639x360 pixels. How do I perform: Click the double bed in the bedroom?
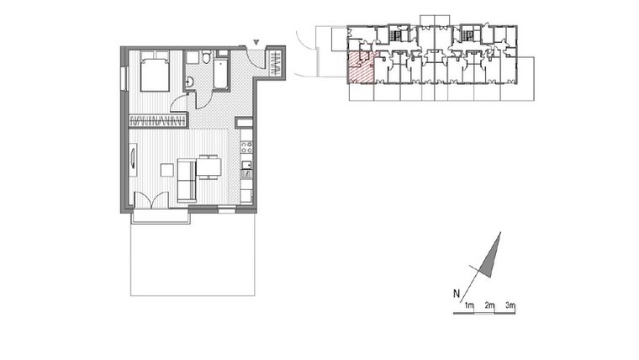[x=155, y=72]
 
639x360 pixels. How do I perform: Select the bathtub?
[x=221, y=74]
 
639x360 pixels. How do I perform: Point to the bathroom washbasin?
[x=190, y=82]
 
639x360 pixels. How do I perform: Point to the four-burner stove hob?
[x=247, y=146]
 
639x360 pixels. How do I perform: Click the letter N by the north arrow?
[x=456, y=294]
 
